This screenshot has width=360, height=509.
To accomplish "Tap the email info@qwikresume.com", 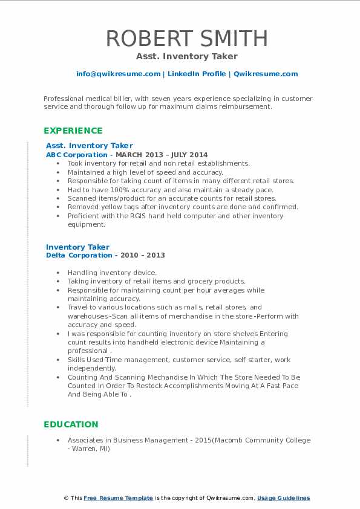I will point(118,74).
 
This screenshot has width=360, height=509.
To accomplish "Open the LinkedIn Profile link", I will point(196,74).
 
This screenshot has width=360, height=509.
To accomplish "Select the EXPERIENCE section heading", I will point(73,131).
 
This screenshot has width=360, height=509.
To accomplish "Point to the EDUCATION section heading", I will point(71,424).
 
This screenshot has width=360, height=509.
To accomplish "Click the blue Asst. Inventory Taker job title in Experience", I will point(89,145).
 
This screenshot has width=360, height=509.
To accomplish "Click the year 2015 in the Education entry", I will point(202,440).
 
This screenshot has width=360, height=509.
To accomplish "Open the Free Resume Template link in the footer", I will point(118,498).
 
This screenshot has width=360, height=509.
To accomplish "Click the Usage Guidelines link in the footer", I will point(283,498).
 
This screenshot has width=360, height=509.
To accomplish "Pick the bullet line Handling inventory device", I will point(112,273).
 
